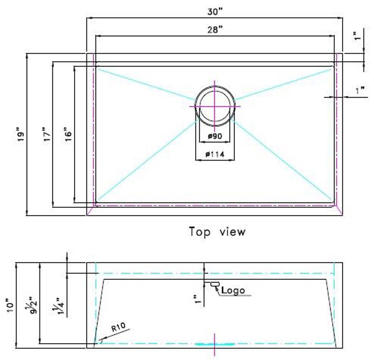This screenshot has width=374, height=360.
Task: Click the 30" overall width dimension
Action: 215,12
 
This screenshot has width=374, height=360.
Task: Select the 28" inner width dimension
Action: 215,30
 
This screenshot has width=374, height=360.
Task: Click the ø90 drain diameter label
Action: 215,136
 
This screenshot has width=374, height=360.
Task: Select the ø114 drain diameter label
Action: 215,154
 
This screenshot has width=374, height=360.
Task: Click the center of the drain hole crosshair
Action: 215,106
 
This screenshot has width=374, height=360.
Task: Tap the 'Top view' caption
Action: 217,232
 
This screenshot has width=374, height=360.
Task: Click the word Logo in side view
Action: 233,290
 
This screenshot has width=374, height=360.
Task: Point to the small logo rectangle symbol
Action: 215,284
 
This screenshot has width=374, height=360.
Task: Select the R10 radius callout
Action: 117,328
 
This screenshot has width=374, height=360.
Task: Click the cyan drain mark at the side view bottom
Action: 214,344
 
